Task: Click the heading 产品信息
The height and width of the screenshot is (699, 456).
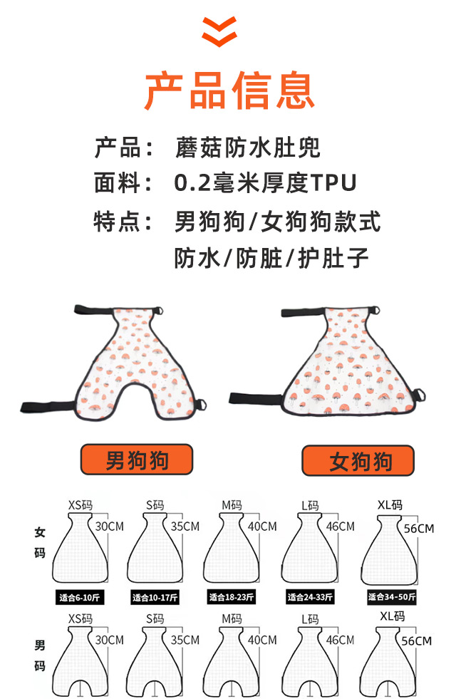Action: tap(229, 89)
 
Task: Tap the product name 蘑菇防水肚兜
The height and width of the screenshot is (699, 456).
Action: tap(247, 148)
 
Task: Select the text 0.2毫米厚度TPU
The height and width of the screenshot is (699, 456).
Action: tap(265, 184)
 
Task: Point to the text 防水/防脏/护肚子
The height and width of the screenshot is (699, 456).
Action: tap(272, 258)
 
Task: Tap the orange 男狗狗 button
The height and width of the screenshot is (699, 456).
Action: tap(137, 460)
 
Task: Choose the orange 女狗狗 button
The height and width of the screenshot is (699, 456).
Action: tap(358, 461)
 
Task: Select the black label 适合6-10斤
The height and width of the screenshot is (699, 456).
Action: tap(80, 597)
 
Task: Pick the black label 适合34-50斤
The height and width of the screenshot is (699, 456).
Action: tap(391, 597)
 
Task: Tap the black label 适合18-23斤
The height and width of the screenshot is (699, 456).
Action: tap(234, 597)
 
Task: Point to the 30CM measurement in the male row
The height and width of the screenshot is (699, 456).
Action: tap(109, 640)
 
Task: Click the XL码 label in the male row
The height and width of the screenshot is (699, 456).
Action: tap(392, 616)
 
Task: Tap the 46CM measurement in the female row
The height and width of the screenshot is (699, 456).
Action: tap(340, 527)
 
